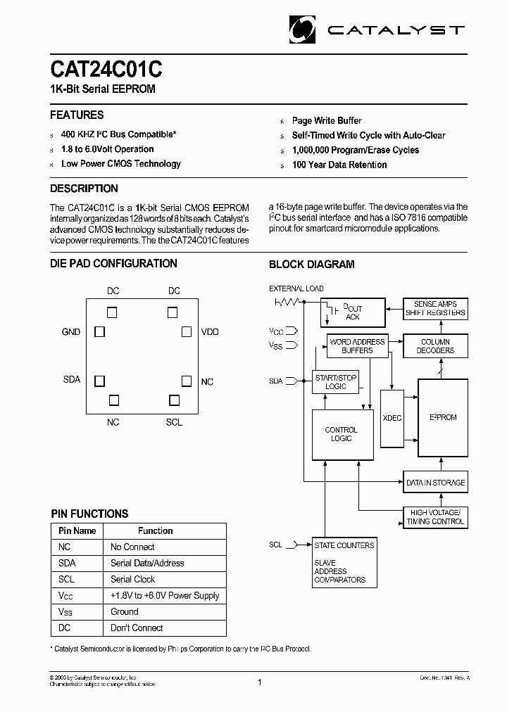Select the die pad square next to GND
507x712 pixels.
point(100,331)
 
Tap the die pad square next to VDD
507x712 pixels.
point(187,331)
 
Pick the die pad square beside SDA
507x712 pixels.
point(100,380)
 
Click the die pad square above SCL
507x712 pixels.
point(174,400)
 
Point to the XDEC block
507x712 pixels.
point(392,418)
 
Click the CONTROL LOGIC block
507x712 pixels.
point(342,434)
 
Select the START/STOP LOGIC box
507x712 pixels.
point(336,382)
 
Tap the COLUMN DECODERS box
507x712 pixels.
point(435,346)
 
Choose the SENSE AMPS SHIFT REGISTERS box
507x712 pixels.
point(435,308)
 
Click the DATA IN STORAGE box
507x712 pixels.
point(435,483)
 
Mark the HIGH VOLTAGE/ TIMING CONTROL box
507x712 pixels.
point(435,517)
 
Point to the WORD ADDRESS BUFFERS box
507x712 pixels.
point(357,346)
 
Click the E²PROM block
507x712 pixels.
point(443,418)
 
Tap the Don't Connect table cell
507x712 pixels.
point(137,628)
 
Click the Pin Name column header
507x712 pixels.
point(77,530)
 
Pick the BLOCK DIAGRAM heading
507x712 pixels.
point(312,265)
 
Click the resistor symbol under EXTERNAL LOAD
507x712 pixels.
point(287,301)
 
